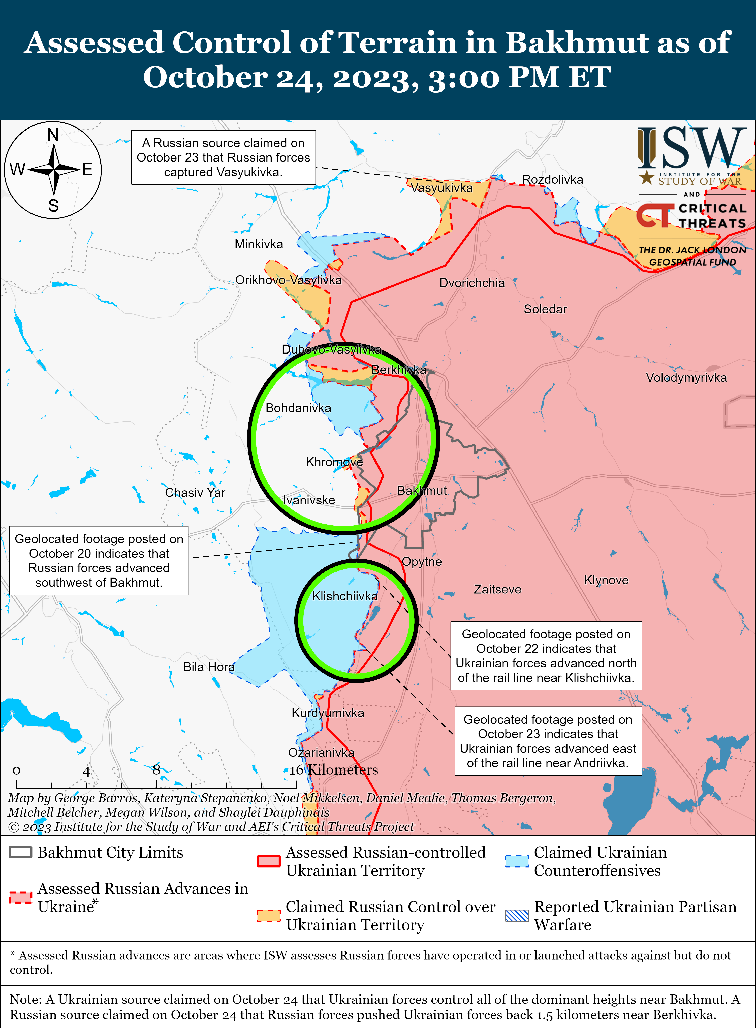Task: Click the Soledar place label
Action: click(545, 309)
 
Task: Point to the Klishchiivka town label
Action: click(344, 596)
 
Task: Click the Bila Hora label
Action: click(209, 667)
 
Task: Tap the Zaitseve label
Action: click(497, 589)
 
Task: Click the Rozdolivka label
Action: click(552, 179)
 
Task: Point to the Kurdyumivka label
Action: click(328, 713)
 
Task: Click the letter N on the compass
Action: click(53, 135)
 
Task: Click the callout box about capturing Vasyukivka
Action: click(223, 157)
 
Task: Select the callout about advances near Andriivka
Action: click(548, 741)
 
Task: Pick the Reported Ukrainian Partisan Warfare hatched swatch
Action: click(517, 915)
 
